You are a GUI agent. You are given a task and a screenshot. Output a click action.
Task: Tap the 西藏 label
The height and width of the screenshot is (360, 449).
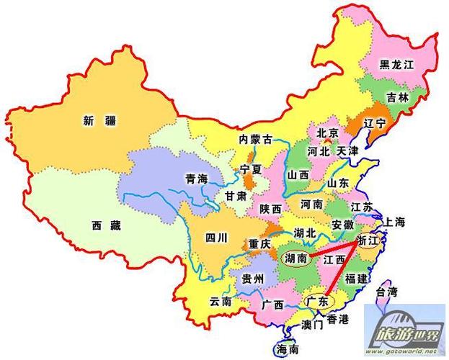pos(106,225)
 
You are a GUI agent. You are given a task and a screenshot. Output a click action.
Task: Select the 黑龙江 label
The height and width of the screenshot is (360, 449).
pos(399,65)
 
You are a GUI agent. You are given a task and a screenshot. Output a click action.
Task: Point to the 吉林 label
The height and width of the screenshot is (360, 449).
pos(397,96)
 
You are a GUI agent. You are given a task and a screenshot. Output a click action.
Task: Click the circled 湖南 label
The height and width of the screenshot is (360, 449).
pos(297,257)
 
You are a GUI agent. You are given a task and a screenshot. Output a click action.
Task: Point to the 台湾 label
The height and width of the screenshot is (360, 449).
pos(387,292)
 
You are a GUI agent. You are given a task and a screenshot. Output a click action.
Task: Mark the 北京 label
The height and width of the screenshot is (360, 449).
pos(328,133)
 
